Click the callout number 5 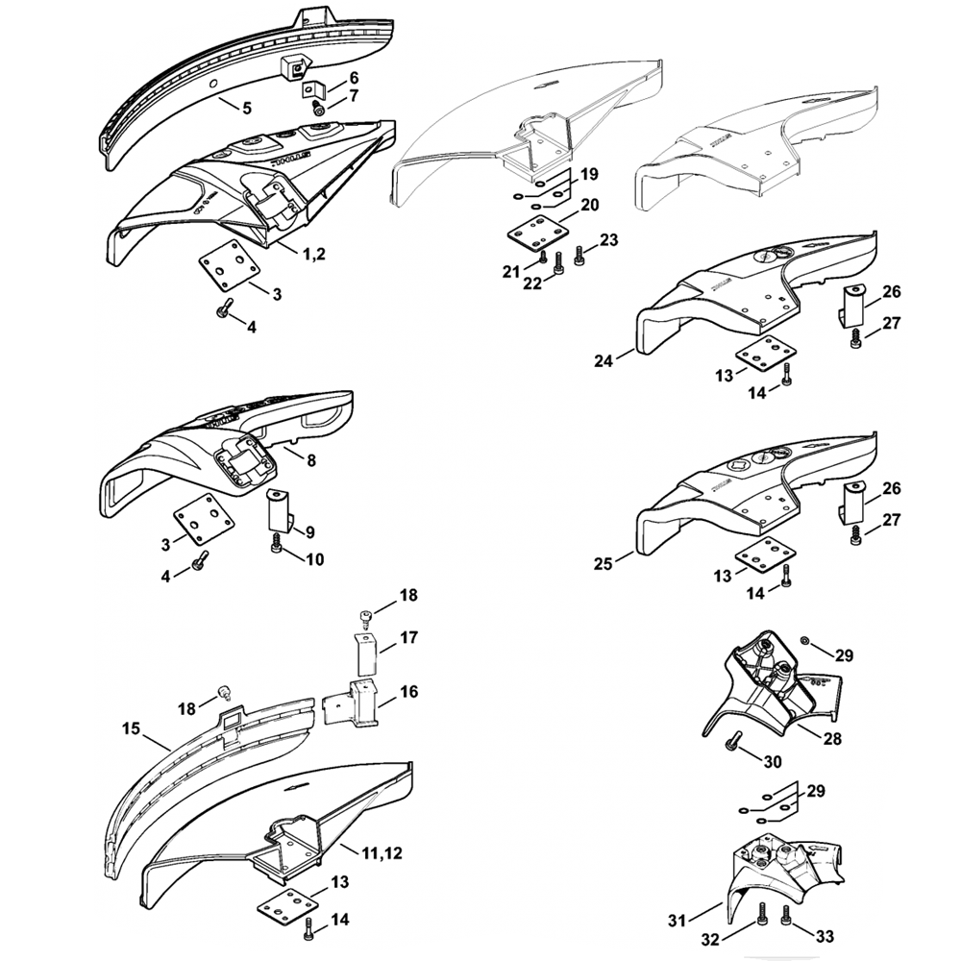(x=246, y=109)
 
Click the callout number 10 (x=314, y=558)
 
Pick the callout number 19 (x=589, y=174)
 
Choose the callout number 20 (x=589, y=205)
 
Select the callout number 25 (x=604, y=562)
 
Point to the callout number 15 (x=131, y=729)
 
